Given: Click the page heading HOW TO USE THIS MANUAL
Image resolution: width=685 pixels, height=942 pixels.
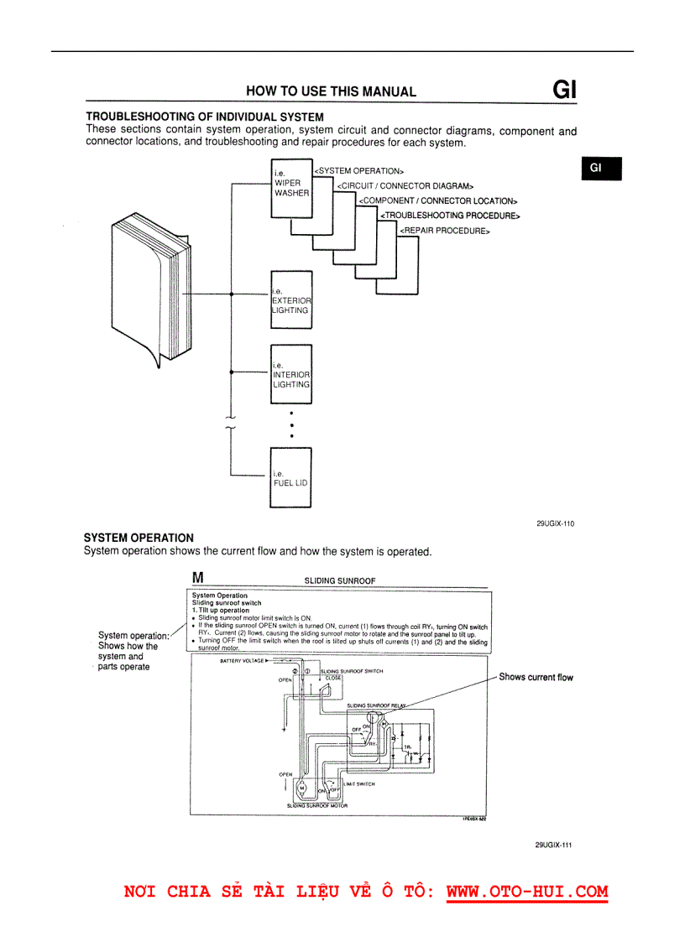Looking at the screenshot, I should coord(331,91).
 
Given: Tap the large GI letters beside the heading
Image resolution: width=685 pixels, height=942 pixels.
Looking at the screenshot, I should coord(564,90).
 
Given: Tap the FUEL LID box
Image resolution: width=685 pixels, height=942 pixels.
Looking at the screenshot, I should coord(290,478).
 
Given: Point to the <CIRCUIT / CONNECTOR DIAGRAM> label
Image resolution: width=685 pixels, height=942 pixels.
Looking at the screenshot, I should coord(405,186).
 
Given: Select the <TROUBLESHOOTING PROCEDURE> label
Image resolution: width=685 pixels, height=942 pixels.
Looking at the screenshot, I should coord(450,216).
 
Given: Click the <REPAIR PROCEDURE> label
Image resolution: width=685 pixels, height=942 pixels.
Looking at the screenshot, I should coord(444,231).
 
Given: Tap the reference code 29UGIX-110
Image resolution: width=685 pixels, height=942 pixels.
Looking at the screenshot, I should coord(555,523).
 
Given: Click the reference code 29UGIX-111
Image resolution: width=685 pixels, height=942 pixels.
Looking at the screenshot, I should coord(553,846).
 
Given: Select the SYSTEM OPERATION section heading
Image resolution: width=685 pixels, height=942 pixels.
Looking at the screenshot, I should coord(139,538).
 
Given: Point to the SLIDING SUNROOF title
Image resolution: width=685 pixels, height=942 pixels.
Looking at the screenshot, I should coord(339,580).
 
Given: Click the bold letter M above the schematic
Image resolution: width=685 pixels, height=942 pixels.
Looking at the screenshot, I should coord(198,577).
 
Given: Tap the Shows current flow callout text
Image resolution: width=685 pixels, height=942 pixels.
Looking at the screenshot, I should coord(536,677).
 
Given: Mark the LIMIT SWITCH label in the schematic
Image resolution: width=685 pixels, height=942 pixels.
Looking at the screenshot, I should coord(358,784).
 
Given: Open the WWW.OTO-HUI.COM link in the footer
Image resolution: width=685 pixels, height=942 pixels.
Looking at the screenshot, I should coord(526,892).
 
